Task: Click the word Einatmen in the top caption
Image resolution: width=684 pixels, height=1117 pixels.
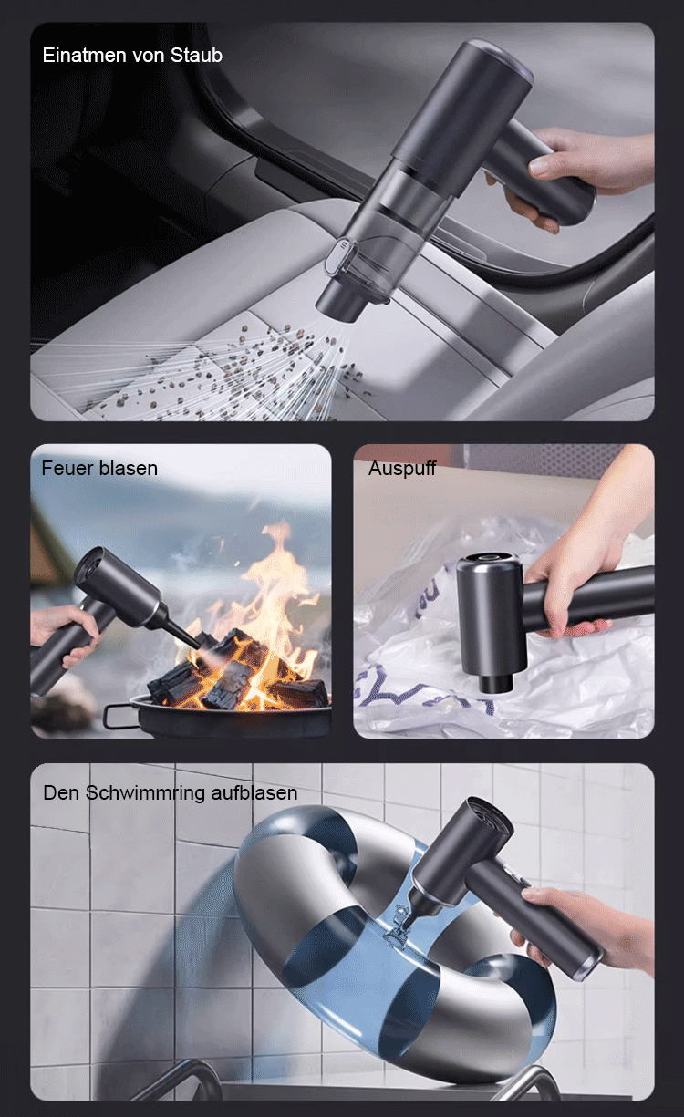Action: pos(84,55)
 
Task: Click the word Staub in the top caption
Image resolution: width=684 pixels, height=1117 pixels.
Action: pos(196,55)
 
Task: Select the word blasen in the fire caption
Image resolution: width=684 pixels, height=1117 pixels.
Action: pos(129,469)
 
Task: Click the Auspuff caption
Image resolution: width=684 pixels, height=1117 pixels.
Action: pos(402,469)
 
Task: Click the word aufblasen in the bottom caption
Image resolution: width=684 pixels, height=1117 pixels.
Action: pos(254,793)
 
